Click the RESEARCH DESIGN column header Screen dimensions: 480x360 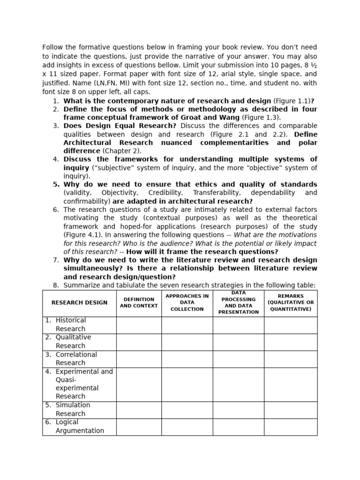[x=79, y=303]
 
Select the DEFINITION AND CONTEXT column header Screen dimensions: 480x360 [x=139, y=303]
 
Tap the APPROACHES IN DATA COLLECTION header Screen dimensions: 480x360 [x=187, y=303]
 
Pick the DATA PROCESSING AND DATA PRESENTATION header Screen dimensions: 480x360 [x=238, y=303]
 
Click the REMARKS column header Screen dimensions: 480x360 [x=291, y=303]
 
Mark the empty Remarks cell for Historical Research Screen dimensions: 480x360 [x=291, y=325]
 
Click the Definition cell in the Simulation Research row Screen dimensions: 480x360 [x=139, y=409]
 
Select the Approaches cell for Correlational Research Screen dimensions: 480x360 [x=187, y=359]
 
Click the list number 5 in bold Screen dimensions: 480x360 [x=56, y=184]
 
